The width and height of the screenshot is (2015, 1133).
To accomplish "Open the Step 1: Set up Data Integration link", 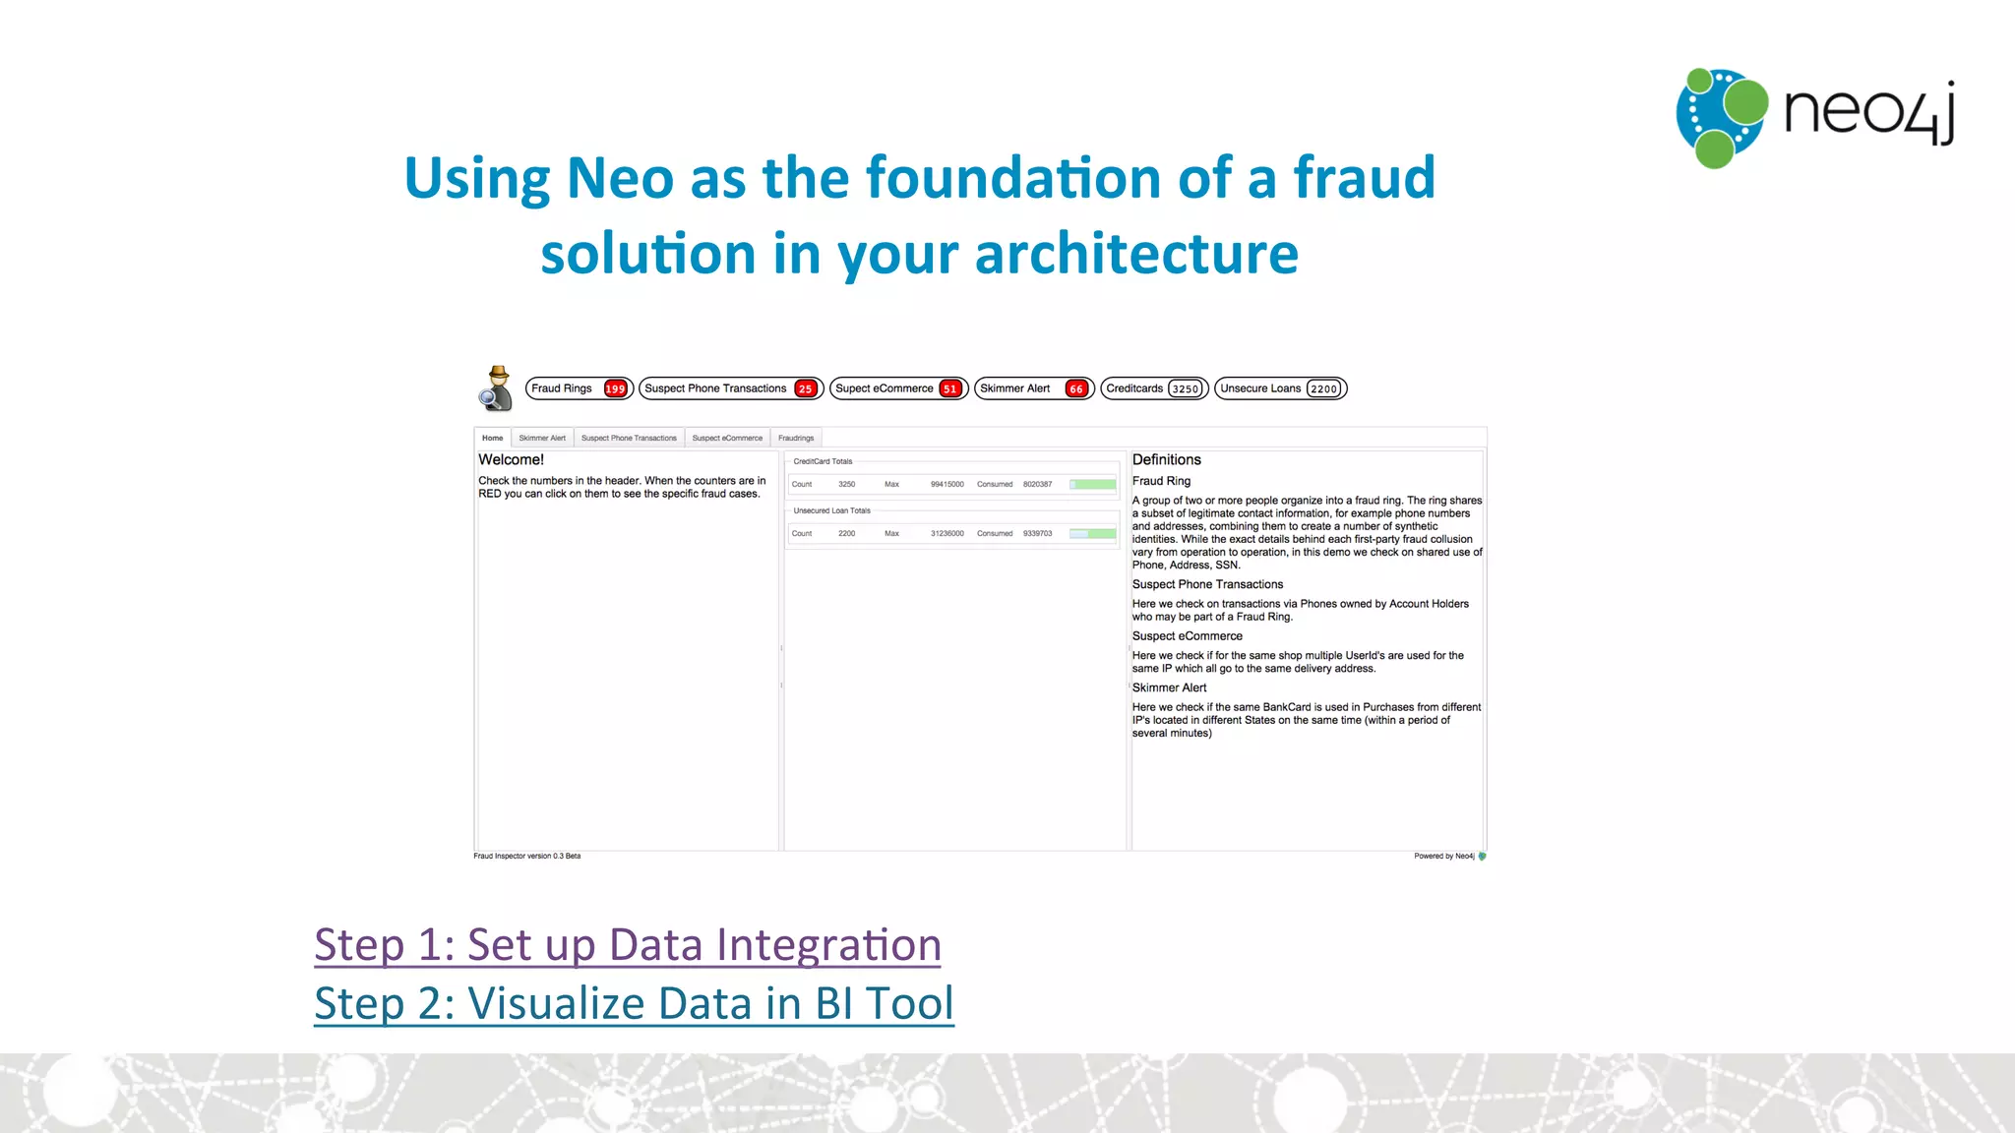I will pyautogui.click(x=628, y=945).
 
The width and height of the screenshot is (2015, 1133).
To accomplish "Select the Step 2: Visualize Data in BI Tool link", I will pyautogui.click(x=634, y=1004).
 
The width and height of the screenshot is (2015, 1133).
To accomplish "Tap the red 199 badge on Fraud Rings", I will pyautogui.click(x=615, y=388).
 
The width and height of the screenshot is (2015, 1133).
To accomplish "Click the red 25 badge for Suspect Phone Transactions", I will pyautogui.click(x=805, y=388).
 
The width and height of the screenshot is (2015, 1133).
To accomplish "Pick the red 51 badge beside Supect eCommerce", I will pyautogui.click(x=949, y=388).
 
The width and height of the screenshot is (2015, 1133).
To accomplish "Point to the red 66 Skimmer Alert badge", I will pyautogui.click(x=1076, y=388).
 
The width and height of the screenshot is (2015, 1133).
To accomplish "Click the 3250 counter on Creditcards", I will pyautogui.click(x=1185, y=388).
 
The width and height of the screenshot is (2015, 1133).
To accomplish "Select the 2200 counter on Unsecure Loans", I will pyautogui.click(x=1323, y=388).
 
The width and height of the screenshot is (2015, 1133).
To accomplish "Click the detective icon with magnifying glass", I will pyautogui.click(x=496, y=388).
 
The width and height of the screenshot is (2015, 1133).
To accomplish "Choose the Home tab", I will pyautogui.click(x=493, y=438).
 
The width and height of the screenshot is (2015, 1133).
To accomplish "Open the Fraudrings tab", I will pyautogui.click(x=796, y=438).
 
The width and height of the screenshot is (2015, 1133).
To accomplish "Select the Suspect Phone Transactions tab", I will pyautogui.click(x=629, y=438).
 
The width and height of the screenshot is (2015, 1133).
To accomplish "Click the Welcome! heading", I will pyautogui.click(x=511, y=459).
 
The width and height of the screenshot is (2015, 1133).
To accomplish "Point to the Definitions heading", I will pyautogui.click(x=1166, y=459).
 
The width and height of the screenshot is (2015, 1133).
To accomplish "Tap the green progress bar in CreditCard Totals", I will pyautogui.click(x=1093, y=484).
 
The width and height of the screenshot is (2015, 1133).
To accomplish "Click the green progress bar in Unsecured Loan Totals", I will pyautogui.click(x=1093, y=533).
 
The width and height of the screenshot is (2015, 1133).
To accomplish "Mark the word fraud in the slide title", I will pyautogui.click(x=1364, y=178).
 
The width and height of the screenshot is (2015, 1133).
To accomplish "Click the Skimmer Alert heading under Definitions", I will pyautogui.click(x=1169, y=687).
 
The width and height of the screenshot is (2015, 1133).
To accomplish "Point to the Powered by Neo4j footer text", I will pyautogui.click(x=1443, y=856).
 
